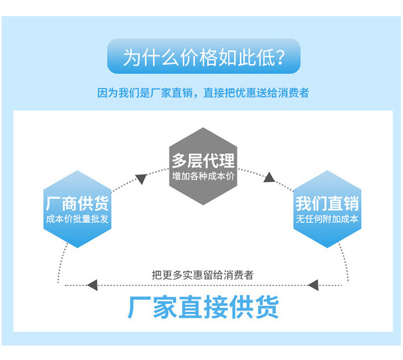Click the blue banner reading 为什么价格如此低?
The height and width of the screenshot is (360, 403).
204,56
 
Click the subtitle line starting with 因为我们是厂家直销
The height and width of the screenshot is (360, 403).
203,93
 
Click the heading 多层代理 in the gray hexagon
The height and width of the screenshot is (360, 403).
203,160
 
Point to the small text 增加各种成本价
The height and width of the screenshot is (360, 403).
203,176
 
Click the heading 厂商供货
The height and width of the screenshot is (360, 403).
77,204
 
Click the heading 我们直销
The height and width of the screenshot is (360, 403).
327,204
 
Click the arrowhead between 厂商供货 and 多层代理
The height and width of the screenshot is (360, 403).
141,179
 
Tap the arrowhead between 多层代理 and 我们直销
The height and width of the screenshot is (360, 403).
269,177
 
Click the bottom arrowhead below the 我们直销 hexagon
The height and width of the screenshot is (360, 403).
313,284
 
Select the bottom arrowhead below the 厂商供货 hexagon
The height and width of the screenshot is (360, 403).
92,284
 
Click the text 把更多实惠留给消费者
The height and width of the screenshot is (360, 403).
203,275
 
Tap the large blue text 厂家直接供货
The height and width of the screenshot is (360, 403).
203,307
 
